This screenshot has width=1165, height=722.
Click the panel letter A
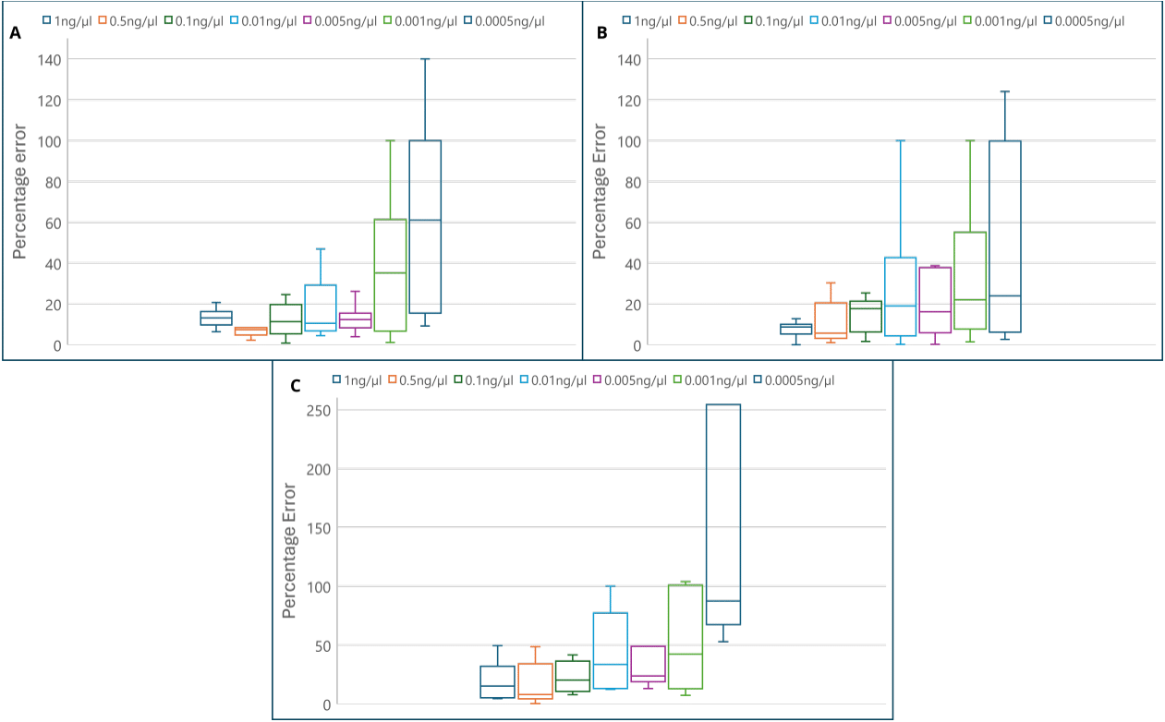point(15,33)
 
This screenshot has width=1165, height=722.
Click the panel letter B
point(602,33)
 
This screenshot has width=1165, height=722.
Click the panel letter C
point(296,386)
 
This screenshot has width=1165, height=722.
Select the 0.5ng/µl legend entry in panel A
point(127,19)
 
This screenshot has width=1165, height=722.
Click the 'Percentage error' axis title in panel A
point(21,191)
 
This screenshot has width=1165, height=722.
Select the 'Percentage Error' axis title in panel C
point(290,549)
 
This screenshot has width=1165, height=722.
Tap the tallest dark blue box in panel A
point(425,226)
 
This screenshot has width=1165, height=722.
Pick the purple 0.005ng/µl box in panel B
point(935,300)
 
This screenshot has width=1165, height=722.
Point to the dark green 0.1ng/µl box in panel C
point(573,676)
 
